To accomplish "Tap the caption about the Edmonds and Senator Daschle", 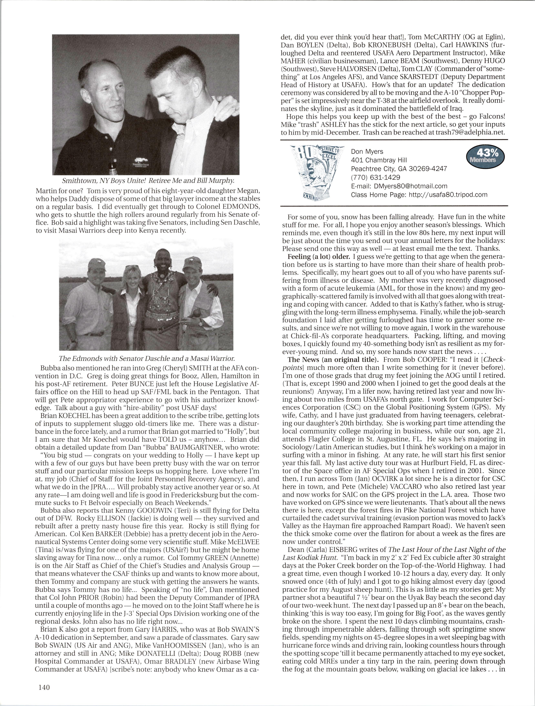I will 147,358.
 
